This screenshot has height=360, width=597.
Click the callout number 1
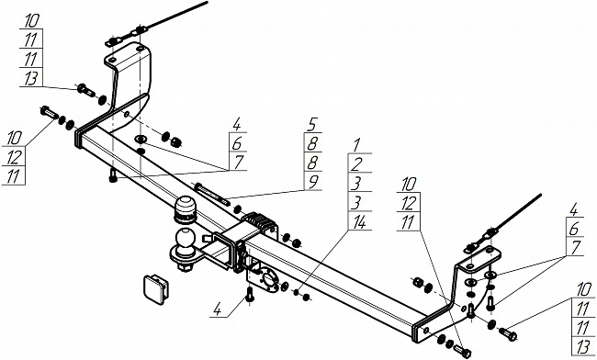(x=356, y=144)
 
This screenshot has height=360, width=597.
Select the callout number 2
(x=356, y=164)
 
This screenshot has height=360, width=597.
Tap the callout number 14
(x=359, y=222)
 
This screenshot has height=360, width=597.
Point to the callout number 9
(x=313, y=181)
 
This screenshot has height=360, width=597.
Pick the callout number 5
(x=312, y=124)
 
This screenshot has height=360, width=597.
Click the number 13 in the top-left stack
(x=31, y=79)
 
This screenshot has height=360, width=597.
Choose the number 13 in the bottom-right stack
(x=583, y=347)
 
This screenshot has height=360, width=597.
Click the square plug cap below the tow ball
(x=155, y=289)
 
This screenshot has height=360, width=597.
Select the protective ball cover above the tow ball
(x=185, y=209)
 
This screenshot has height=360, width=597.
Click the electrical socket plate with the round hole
(x=265, y=276)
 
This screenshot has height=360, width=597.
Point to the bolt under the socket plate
(x=250, y=295)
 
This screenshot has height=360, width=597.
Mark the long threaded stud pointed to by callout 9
(x=211, y=194)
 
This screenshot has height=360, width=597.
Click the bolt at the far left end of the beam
(x=49, y=113)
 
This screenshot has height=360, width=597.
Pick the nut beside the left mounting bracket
(x=175, y=142)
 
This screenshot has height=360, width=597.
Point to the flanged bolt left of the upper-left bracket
(x=86, y=91)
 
